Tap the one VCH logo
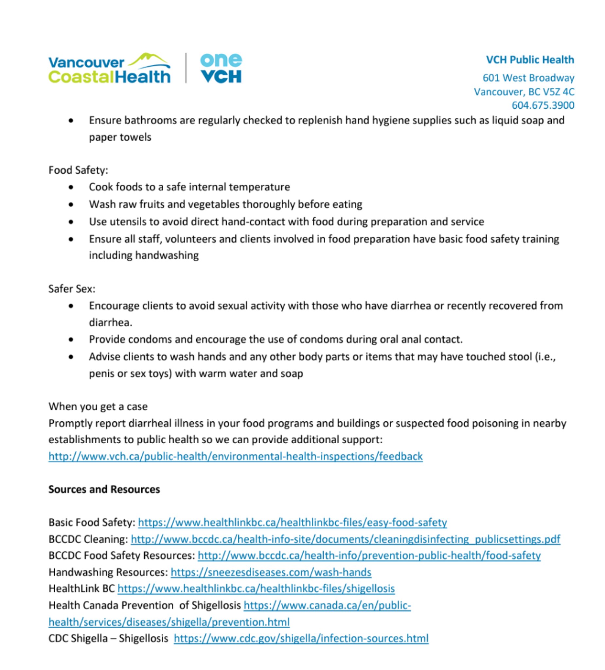click(221, 68)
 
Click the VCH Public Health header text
click(530, 60)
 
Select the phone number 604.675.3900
click(543, 105)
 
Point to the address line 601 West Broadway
click(528, 78)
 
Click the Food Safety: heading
click(78, 170)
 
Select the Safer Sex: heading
click(72, 289)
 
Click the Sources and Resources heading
click(104, 489)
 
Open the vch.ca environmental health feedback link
click(235, 456)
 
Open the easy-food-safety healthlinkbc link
click(292, 522)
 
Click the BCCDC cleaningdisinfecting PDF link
click(346, 539)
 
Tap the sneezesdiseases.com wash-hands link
click(271, 572)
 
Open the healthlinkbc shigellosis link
click(256, 589)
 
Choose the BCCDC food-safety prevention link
click(369, 556)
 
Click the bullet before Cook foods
click(71, 187)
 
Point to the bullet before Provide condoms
click(71, 340)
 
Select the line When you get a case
click(98, 406)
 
